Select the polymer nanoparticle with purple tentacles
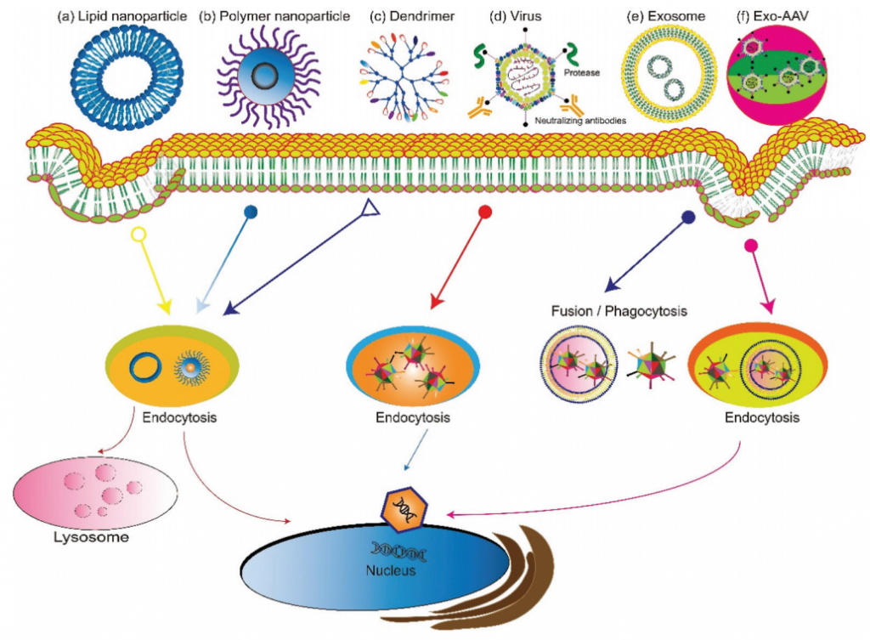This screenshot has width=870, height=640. pyautogui.click(x=268, y=77)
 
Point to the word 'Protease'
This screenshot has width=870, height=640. pyautogui.click(x=583, y=73)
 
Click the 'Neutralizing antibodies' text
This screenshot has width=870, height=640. pyautogui.click(x=580, y=122)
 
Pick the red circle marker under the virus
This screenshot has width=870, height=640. pyautogui.click(x=485, y=212)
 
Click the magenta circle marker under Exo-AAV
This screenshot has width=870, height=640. pyautogui.click(x=750, y=246)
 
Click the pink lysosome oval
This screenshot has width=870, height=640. pyautogui.click(x=95, y=492)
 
